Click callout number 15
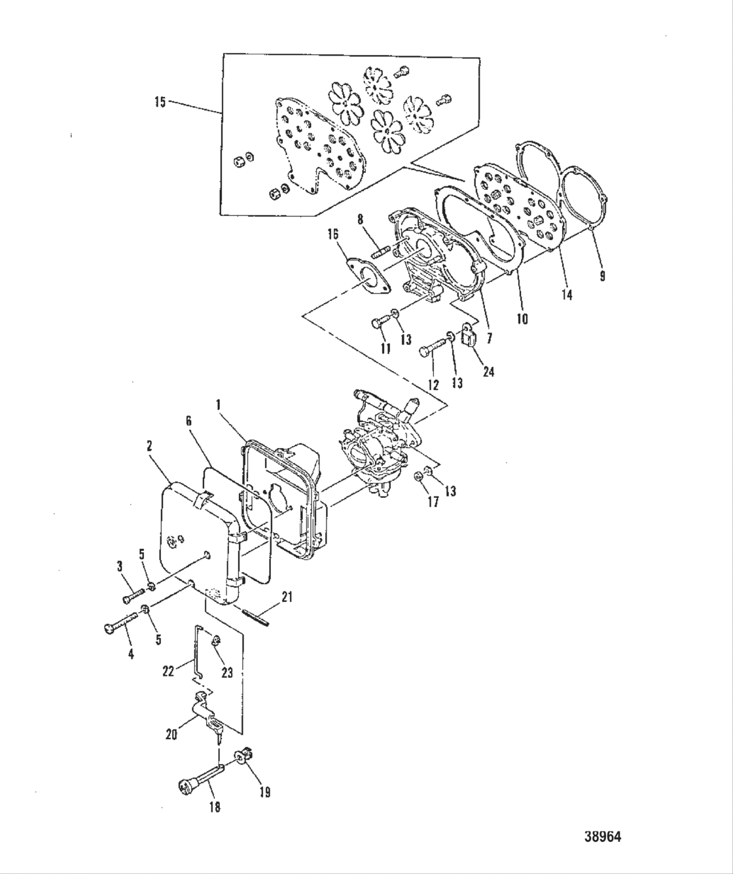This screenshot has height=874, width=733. click(x=160, y=103)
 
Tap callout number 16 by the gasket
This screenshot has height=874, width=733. click(x=333, y=233)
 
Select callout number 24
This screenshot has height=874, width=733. click(x=489, y=372)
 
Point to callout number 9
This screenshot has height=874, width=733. click(x=602, y=275)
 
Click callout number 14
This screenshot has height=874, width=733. click(x=567, y=295)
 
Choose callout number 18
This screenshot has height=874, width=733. click(x=214, y=807)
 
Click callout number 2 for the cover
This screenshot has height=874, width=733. click(x=149, y=446)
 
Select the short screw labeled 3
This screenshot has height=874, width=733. click(x=134, y=596)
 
